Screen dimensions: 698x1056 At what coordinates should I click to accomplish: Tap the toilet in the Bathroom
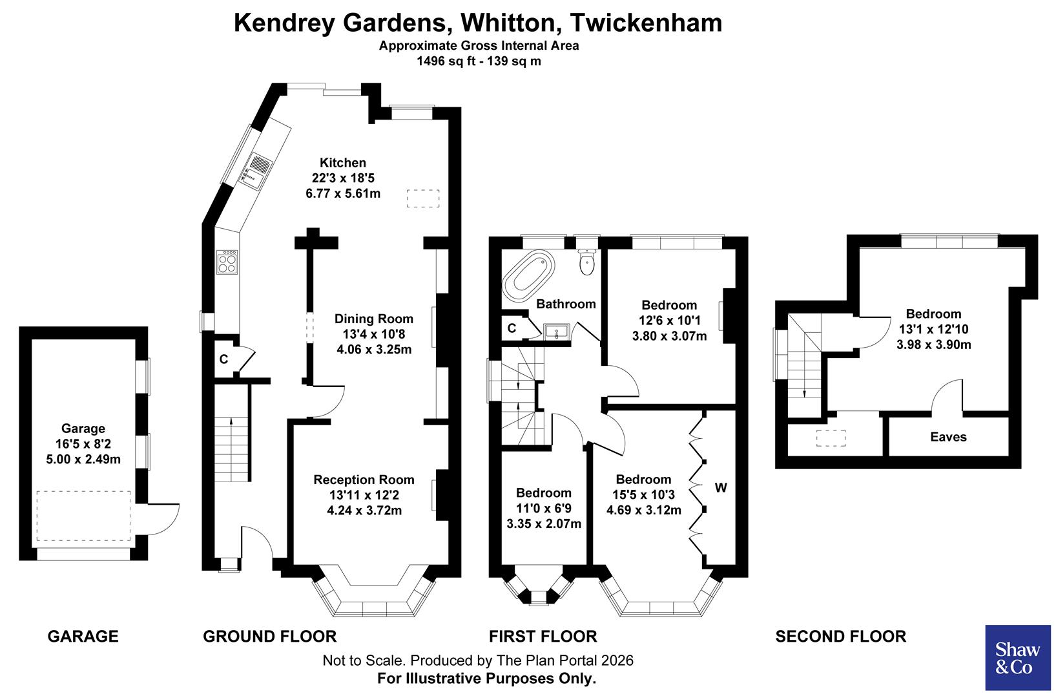[587, 261]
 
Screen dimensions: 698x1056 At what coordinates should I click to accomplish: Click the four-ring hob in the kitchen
[227, 263]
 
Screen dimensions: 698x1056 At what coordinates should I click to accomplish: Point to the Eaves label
[948, 437]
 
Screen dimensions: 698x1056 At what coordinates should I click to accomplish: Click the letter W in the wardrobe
[721, 488]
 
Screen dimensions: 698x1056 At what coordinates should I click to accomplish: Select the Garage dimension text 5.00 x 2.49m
[83, 460]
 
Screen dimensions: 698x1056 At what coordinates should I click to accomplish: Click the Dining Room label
[373, 319]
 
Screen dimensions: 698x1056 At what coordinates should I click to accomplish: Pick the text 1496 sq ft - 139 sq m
[479, 62]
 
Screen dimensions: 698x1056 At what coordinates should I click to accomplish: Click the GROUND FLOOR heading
[269, 637]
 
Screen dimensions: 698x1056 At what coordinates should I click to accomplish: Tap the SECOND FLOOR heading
[840, 637]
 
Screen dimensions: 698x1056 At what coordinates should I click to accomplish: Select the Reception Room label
[364, 480]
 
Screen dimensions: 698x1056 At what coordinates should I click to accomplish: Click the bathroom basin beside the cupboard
[556, 332]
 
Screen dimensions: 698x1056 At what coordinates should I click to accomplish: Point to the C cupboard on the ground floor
[223, 359]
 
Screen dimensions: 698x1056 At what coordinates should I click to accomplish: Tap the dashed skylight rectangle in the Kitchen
[422, 198]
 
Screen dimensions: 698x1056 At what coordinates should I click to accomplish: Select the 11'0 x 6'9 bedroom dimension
[544, 508]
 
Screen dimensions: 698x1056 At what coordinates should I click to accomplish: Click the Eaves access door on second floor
[947, 395]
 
